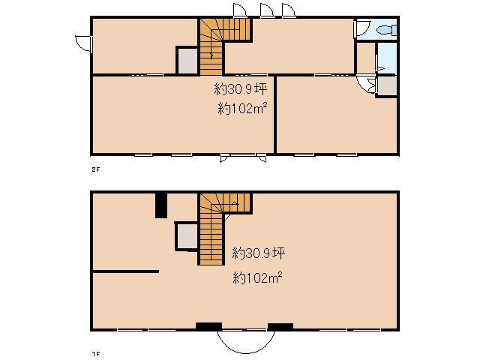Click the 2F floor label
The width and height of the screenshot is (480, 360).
coord(96,169)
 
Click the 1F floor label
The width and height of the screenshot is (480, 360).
coord(96,354)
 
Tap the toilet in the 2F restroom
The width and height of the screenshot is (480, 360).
coord(387,30)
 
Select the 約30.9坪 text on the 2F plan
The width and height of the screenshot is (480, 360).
coord(240,89)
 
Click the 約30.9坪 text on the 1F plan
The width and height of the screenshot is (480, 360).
coord(259,253)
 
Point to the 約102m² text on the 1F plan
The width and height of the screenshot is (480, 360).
coord(257,278)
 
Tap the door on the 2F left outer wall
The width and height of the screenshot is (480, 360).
coord(83,43)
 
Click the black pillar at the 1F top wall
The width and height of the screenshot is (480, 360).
coord(161,205)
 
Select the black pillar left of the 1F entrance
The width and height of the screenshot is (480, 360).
coord(208,327)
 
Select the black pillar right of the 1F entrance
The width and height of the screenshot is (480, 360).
coord(280,327)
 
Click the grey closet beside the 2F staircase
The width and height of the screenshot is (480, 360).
coord(187,60)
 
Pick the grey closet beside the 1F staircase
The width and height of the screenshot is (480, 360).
coord(187,236)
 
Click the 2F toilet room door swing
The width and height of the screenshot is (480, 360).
coord(362,28)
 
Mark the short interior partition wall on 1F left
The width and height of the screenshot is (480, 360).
coord(126,271)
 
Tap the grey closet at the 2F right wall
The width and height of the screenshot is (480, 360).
coord(387,86)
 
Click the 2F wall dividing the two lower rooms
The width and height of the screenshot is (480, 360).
coord(275,114)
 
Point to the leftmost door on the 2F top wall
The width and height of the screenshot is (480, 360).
coord(240,10)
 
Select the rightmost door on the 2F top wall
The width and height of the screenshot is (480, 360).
coord(289,10)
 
